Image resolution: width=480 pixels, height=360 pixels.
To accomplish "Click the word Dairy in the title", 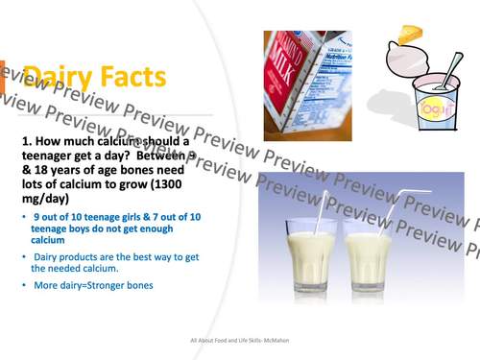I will point(53,76).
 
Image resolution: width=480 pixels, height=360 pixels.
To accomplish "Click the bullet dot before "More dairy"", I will point(23,286).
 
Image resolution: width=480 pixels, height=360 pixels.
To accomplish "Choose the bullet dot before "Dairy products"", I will point(23,256).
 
